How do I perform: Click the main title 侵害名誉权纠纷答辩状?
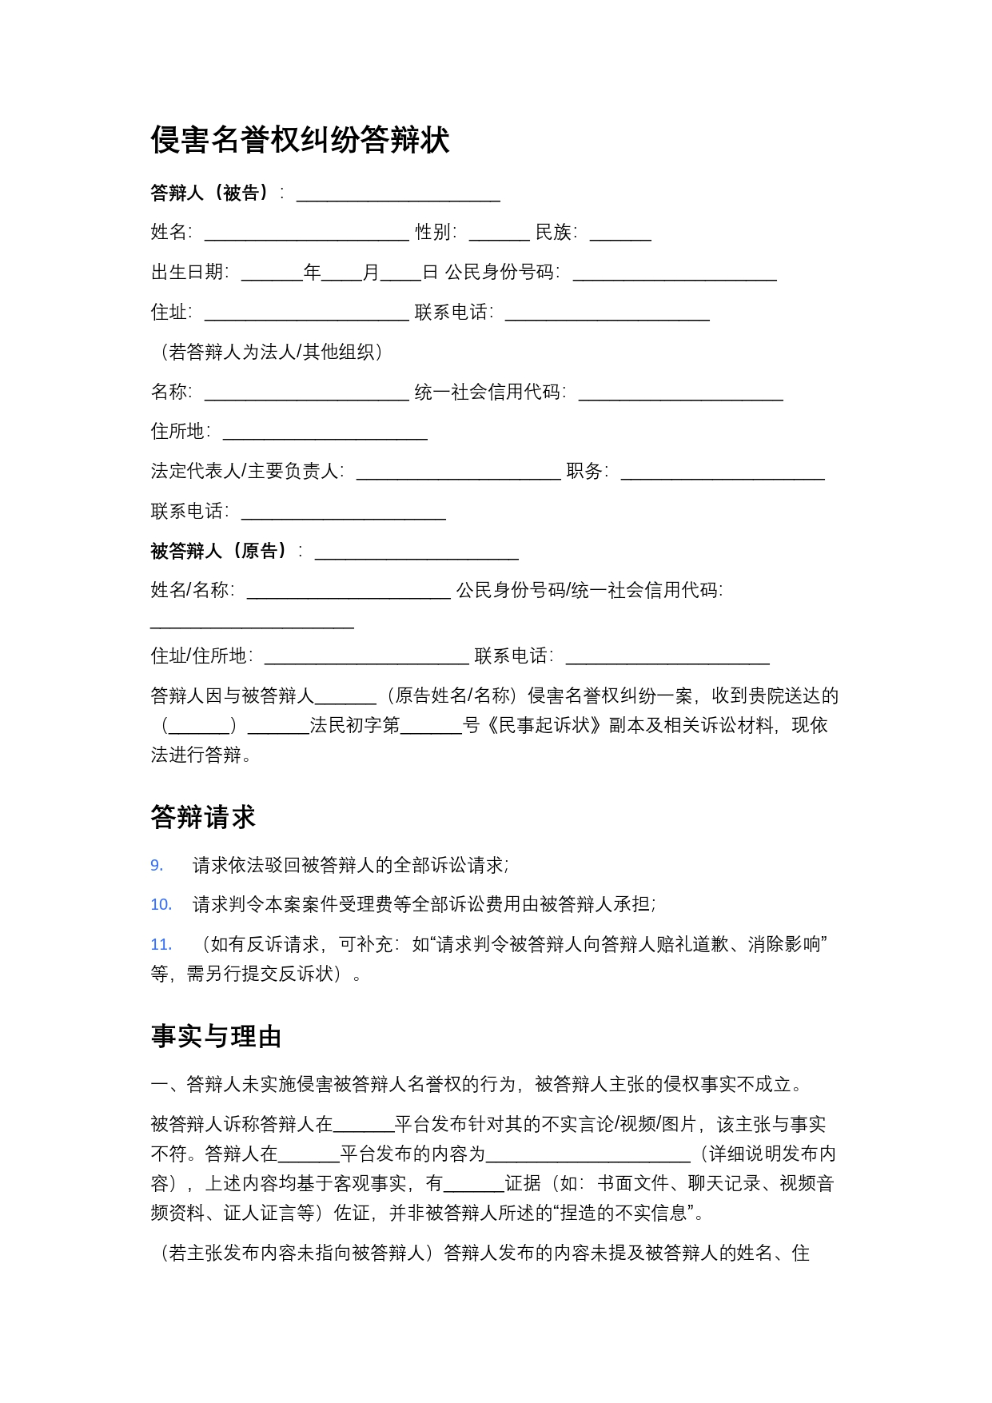[x=300, y=140]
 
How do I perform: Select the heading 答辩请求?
[x=203, y=817]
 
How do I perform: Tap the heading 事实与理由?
[x=216, y=1036]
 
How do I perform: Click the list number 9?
[x=157, y=865]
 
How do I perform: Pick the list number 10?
[x=161, y=904]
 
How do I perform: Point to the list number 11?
[x=161, y=944]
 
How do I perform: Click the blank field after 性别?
[x=499, y=233]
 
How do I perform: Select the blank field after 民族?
[x=620, y=233]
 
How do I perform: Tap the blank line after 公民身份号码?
[x=675, y=273]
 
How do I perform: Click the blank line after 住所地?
[x=325, y=432]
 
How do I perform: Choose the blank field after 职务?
[x=723, y=472]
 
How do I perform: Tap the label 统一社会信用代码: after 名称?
[x=490, y=392]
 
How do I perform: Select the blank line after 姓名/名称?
[x=349, y=592]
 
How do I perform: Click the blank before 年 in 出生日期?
[x=272, y=273]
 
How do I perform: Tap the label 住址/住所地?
[x=202, y=656]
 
